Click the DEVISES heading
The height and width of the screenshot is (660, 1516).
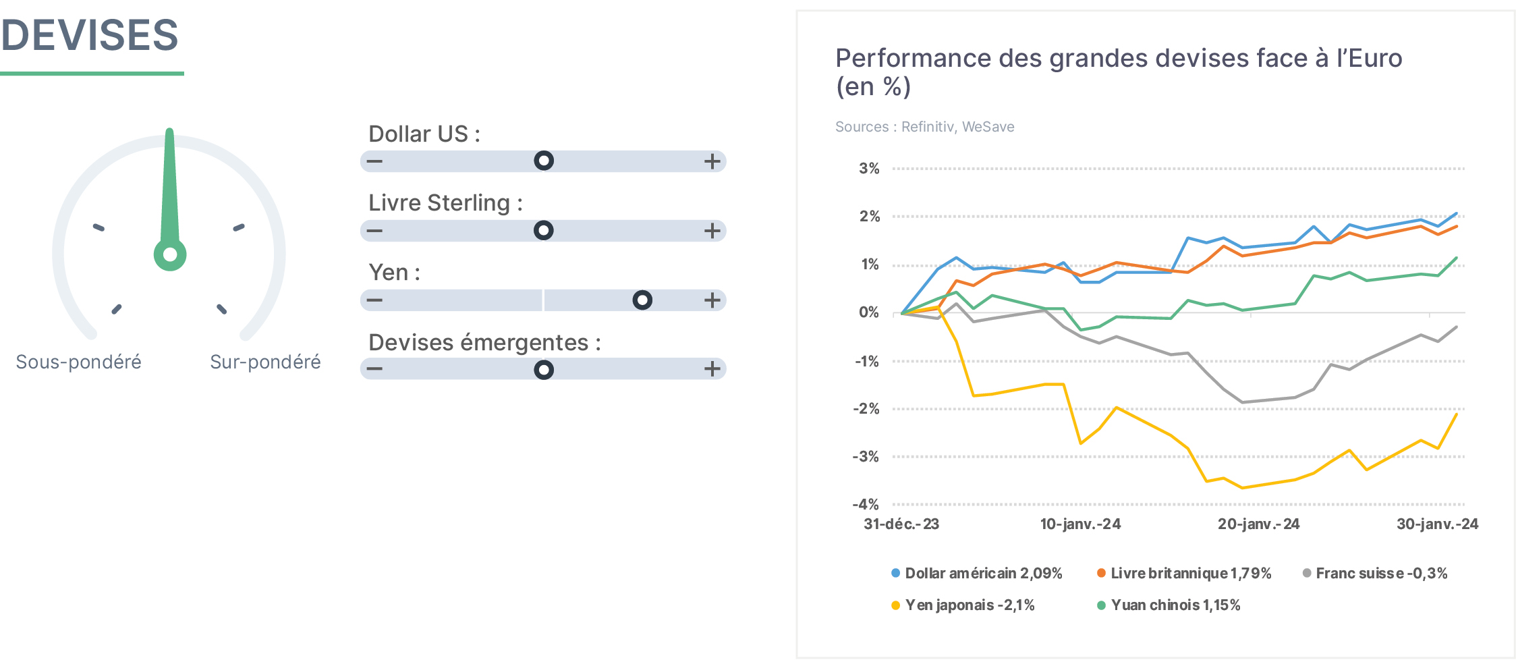pos(90,35)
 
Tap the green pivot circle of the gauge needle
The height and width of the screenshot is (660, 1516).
pos(170,254)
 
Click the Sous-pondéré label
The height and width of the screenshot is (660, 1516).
pos(79,362)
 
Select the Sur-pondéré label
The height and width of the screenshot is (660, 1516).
pos(265,362)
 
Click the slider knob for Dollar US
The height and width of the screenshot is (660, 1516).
pos(544,161)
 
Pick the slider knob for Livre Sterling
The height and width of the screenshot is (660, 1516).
pos(544,230)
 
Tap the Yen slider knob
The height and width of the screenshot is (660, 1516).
pos(642,300)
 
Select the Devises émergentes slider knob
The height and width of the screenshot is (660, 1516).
pos(544,369)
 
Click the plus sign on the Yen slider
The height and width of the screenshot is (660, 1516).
pos(712,300)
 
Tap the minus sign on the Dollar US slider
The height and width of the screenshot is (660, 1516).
pos(374,161)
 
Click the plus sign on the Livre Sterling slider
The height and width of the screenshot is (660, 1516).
pos(712,231)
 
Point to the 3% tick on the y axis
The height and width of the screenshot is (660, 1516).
pos(869,169)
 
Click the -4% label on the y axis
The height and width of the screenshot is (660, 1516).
pos(866,504)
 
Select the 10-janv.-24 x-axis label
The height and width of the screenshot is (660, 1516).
pos(1080,524)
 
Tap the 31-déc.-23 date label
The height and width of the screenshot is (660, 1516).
pos(901,524)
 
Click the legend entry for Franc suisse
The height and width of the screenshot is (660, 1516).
pos(1375,574)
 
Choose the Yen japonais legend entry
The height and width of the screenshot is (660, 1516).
pos(963,605)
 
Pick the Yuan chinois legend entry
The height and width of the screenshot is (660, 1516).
pos(1169,605)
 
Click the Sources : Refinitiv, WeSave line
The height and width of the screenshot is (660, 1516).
pos(924,127)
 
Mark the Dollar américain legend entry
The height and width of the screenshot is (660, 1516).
pos(976,574)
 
